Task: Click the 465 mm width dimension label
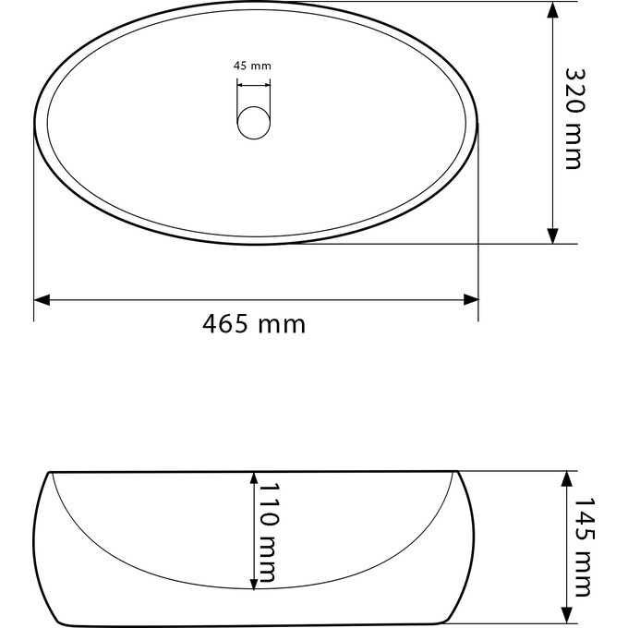click(253, 324)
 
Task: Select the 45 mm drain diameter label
click(252, 66)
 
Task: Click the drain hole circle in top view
click(254, 123)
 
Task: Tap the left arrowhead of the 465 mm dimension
click(42, 299)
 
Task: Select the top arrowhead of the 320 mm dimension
click(552, 9)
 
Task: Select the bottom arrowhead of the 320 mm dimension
click(552, 235)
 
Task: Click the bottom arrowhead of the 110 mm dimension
click(252, 581)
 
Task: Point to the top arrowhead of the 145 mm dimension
click(564, 478)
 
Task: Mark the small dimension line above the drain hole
click(254, 84)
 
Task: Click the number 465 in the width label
click(228, 324)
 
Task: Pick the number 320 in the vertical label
click(574, 90)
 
